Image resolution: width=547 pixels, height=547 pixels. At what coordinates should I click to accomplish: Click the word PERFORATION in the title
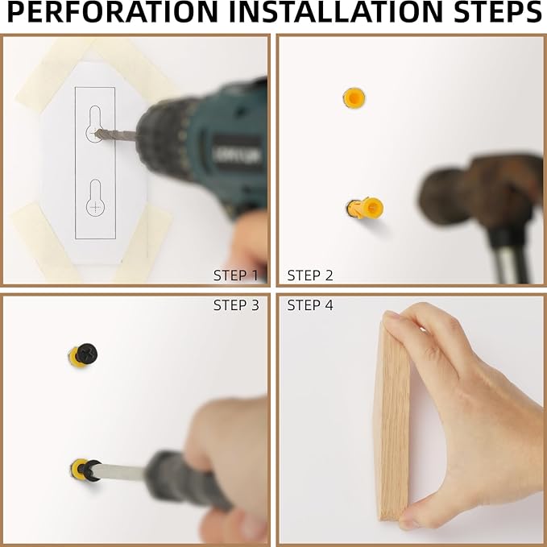(112, 12)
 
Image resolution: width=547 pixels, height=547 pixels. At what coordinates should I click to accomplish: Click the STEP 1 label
(236, 276)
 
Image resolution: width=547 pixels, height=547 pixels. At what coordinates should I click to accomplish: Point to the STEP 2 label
(310, 276)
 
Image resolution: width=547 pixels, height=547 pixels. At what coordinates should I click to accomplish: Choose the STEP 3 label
(236, 305)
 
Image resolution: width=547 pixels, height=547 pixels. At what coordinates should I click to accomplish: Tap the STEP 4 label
(310, 305)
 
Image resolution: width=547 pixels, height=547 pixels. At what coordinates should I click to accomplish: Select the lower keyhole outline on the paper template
(95, 198)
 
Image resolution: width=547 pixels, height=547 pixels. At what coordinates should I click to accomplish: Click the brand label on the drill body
(237, 156)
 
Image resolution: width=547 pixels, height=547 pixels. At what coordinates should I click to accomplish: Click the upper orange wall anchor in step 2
(354, 98)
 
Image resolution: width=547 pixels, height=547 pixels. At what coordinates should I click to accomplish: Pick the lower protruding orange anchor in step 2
(366, 209)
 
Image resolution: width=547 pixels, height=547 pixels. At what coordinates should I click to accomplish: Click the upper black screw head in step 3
(86, 353)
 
